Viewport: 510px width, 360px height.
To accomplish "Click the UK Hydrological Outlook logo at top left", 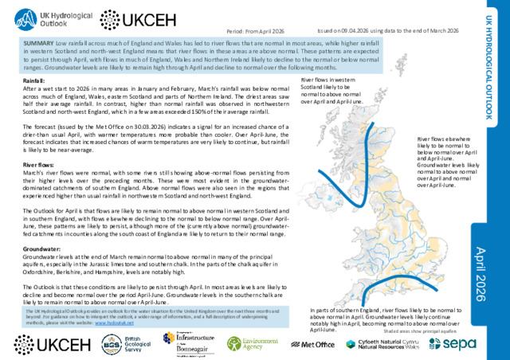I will [47, 18].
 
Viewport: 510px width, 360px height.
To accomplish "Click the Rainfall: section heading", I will [34, 81].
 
